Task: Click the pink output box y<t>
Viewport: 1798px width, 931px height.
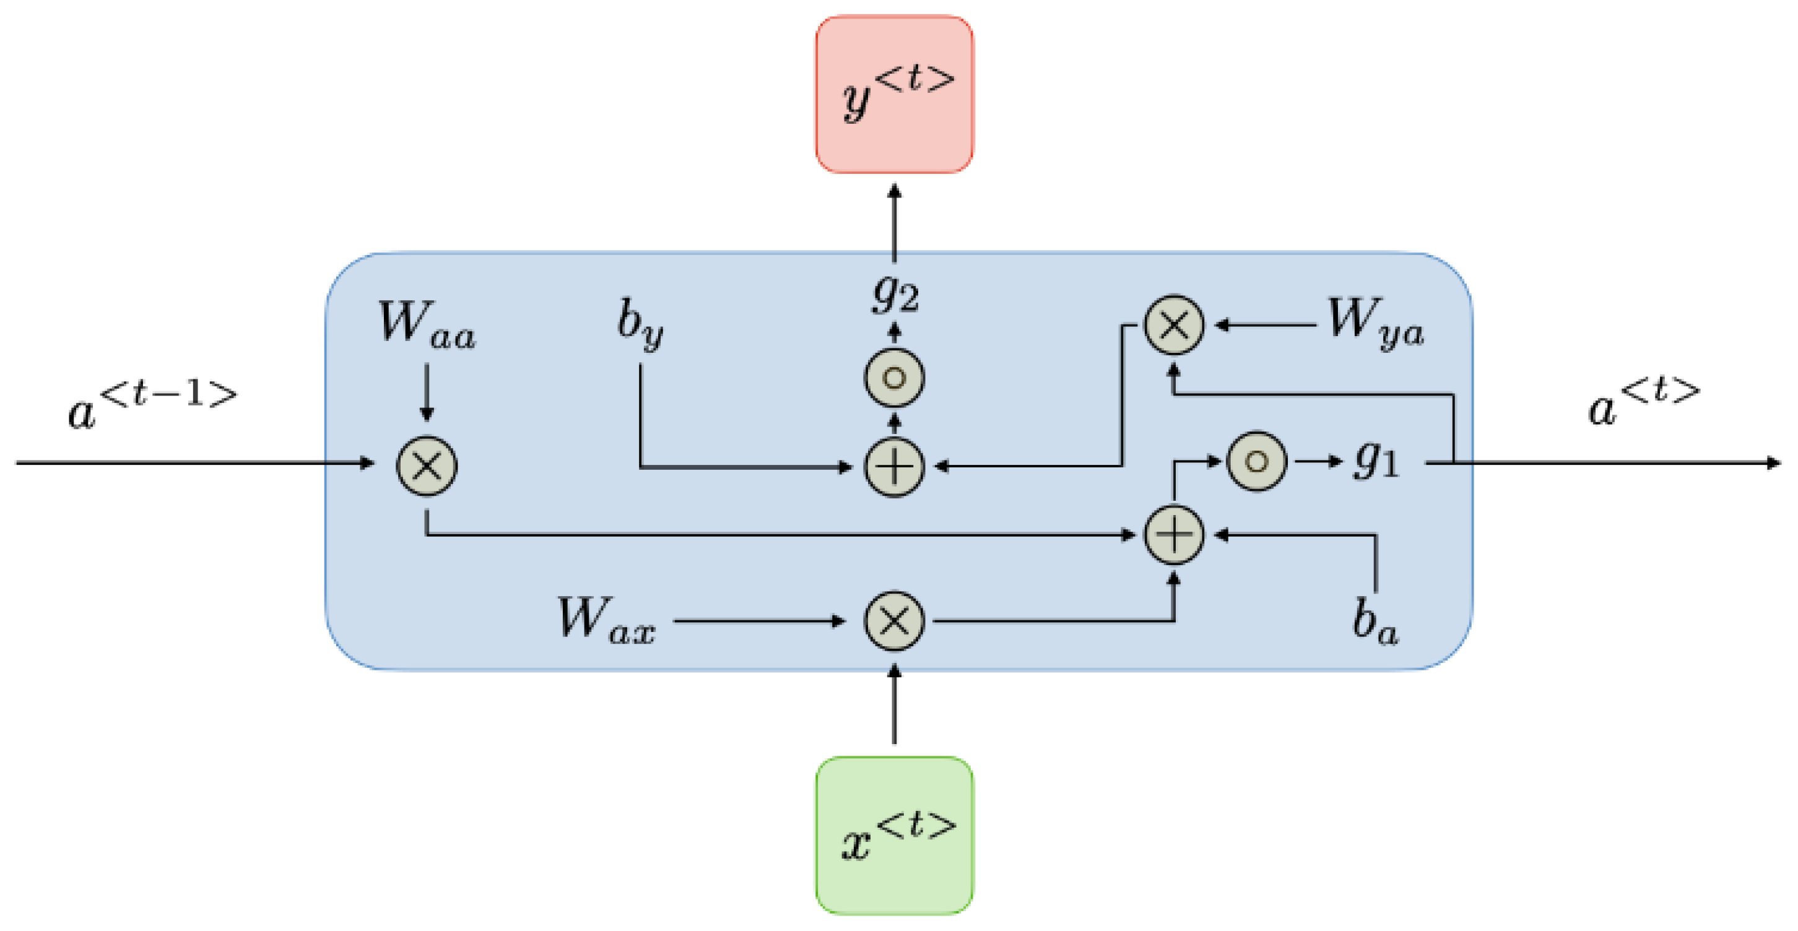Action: (x=894, y=94)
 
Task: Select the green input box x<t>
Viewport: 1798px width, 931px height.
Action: (x=894, y=836)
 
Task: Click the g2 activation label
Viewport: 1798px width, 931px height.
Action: (x=895, y=295)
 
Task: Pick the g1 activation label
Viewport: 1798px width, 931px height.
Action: (x=1376, y=461)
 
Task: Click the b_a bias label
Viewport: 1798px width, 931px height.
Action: (x=1375, y=621)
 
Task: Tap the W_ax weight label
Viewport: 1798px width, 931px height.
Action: (x=605, y=620)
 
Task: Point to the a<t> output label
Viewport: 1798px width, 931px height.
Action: (x=1643, y=402)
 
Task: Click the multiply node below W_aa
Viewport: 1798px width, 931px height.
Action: (x=427, y=466)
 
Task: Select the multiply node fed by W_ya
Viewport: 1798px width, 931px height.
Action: (x=1174, y=325)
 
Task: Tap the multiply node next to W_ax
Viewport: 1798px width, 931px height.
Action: (x=894, y=621)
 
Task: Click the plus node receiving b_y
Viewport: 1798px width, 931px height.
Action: (x=894, y=466)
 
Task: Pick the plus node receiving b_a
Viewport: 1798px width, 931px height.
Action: (x=1174, y=535)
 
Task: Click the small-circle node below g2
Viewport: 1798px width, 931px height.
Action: (x=894, y=378)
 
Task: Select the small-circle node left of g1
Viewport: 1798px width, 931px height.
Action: (x=1256, y=461)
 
